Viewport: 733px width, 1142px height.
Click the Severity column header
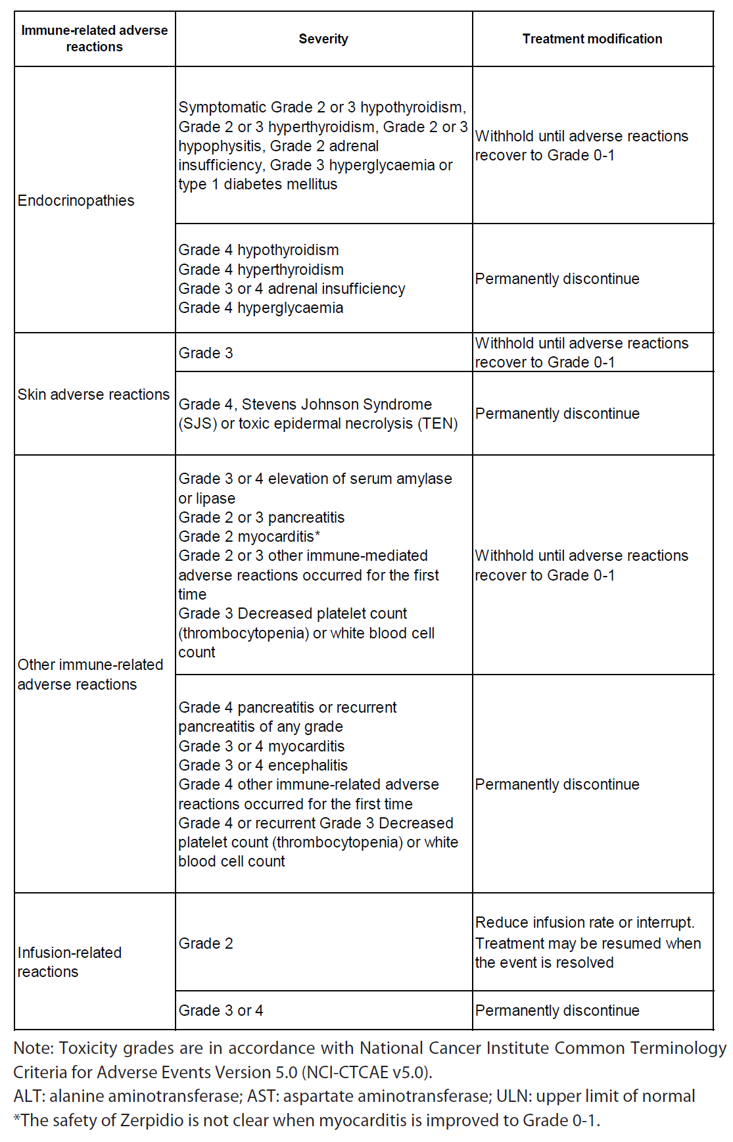323,39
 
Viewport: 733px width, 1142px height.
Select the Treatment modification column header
592,39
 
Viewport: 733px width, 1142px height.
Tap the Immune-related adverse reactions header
94,38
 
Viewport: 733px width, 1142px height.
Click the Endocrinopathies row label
76,201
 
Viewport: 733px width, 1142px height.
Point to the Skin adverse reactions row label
93,394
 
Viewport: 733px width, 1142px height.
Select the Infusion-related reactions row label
69,962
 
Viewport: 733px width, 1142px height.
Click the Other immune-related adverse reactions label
90,675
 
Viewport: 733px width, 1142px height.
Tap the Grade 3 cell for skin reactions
206,353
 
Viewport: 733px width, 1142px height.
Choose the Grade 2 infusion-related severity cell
206,943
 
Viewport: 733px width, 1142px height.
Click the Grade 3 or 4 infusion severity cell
221,1011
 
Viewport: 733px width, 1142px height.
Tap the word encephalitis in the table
308,765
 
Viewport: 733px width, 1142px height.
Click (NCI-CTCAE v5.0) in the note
366,1072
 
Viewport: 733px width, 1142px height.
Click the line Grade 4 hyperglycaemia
261,308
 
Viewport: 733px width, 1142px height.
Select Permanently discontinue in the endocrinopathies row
557,279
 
